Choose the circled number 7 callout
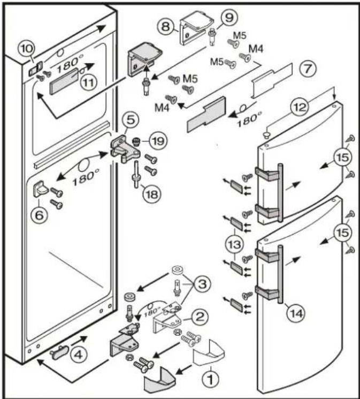[x=308, y=69]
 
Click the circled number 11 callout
[x=88, y=84]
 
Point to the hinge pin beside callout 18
[x=135, y=175]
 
